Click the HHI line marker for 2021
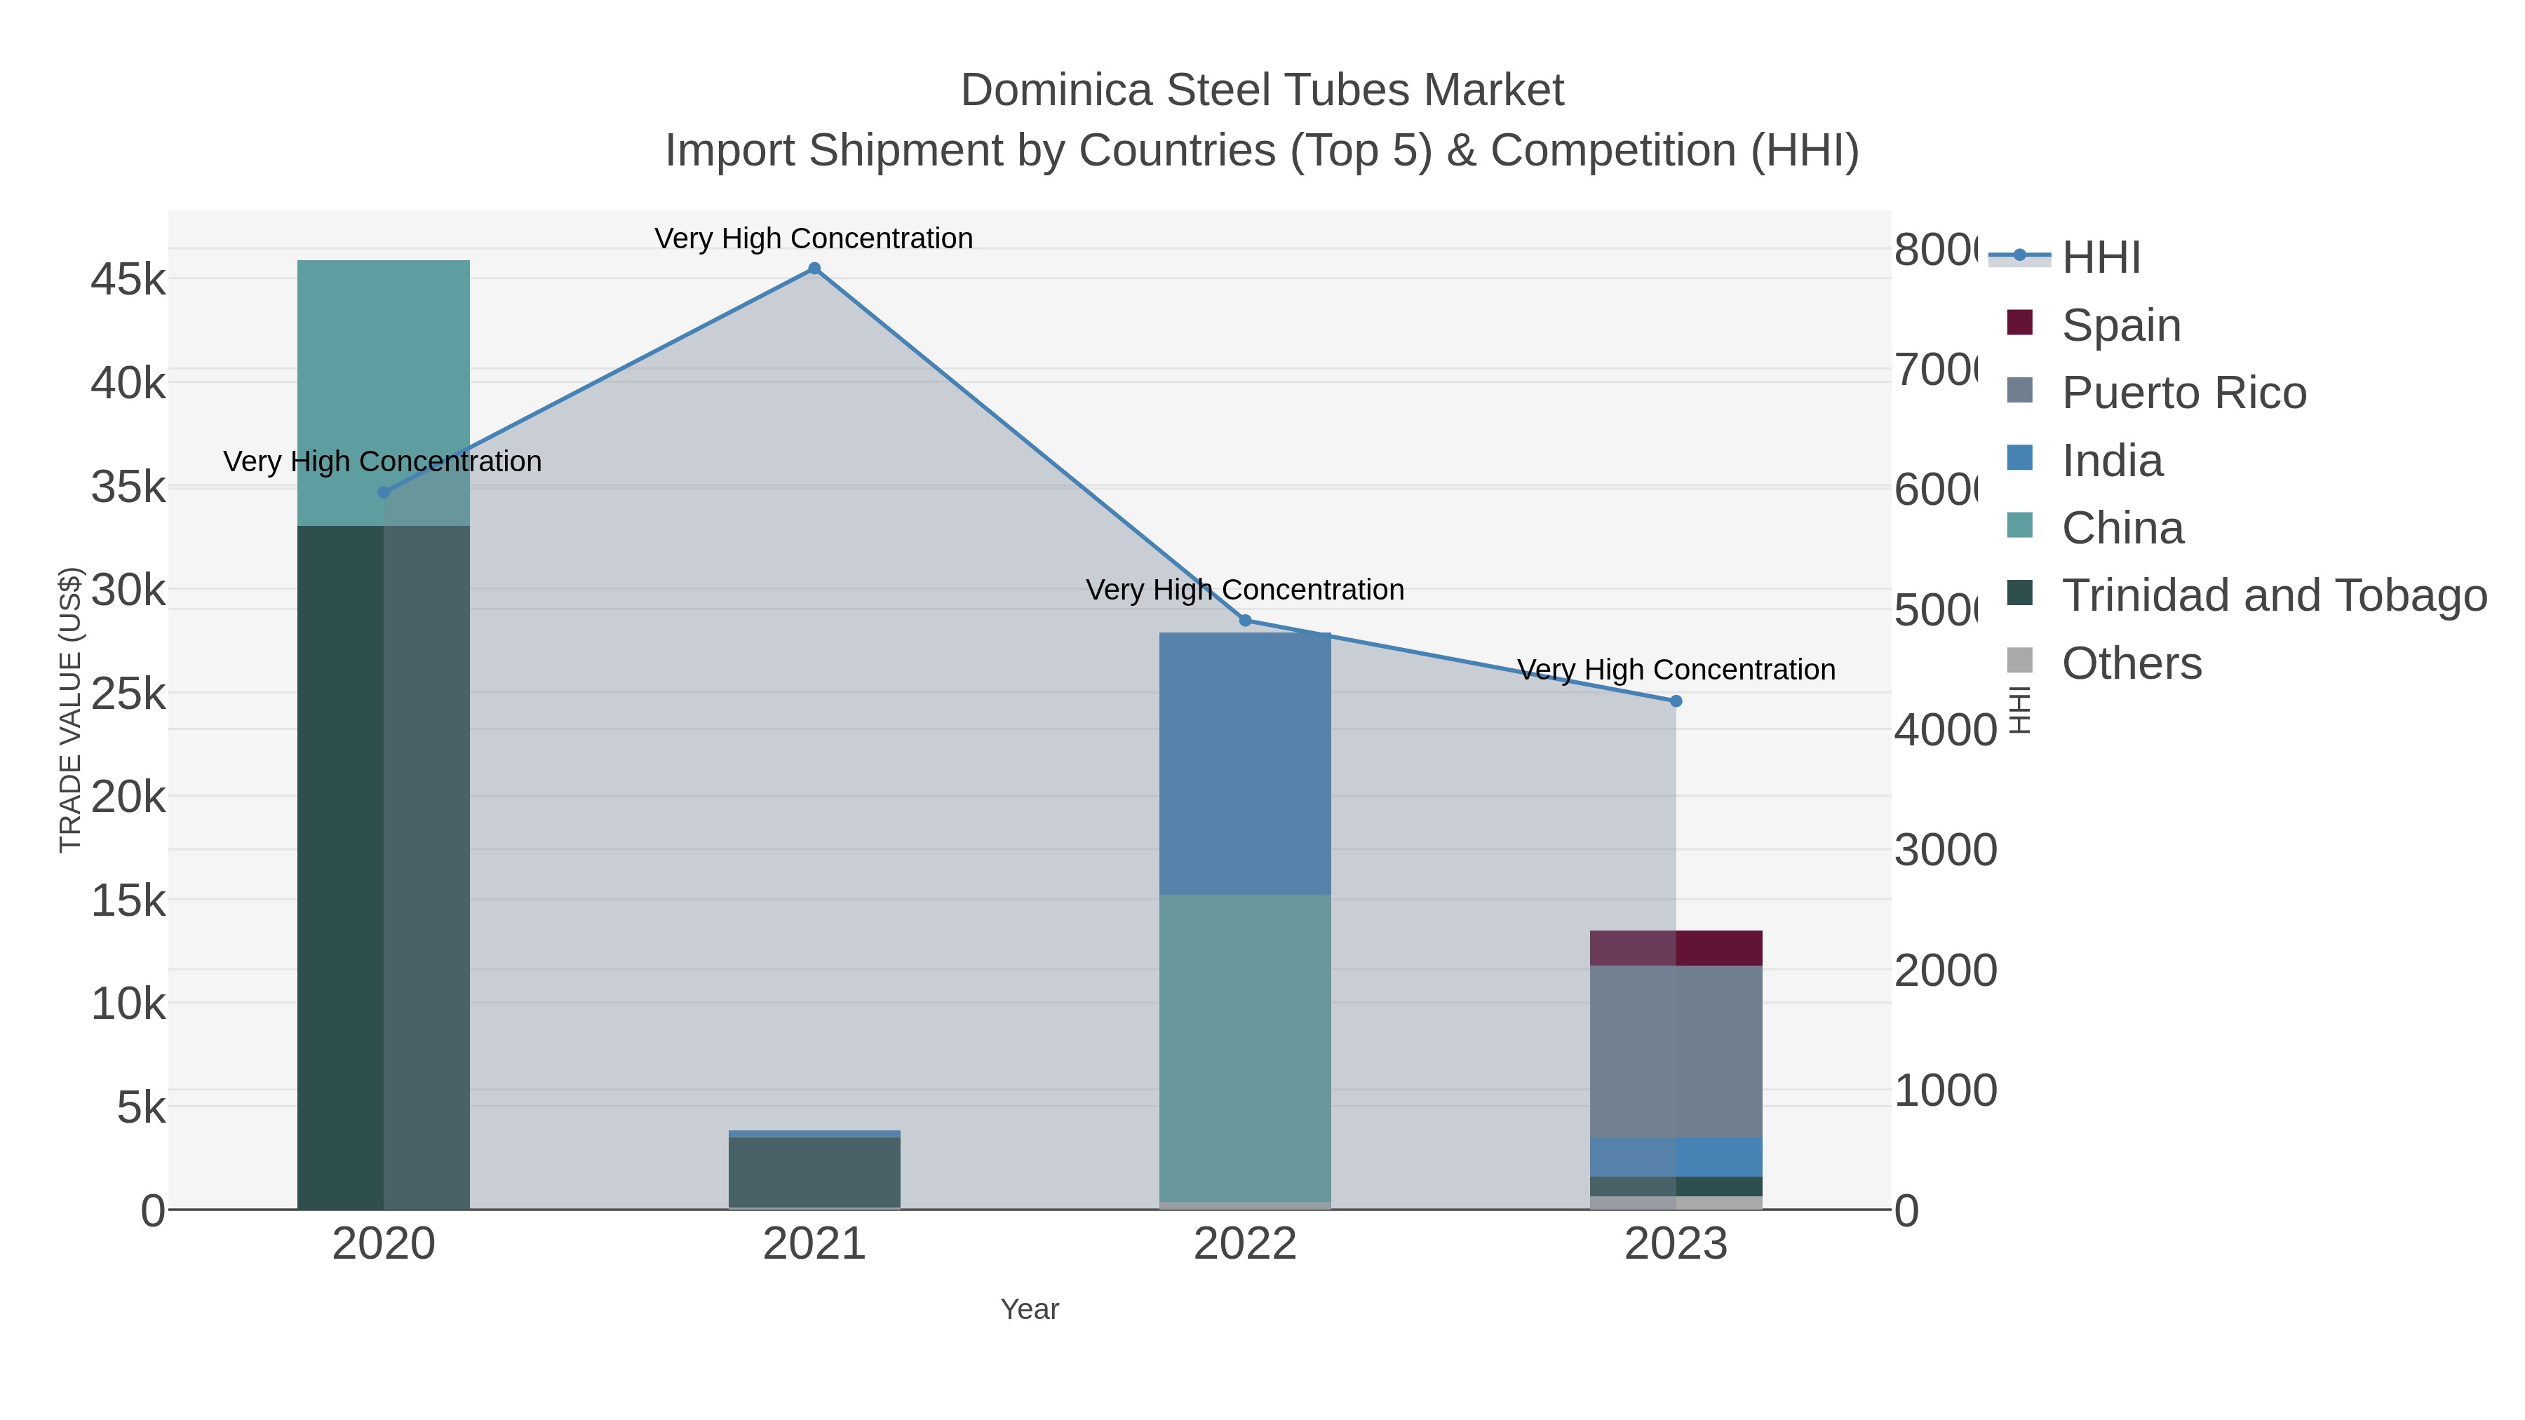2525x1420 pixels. pos(814,269)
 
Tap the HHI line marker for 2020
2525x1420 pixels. pos(383,492)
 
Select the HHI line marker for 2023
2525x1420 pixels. pos(1675,701)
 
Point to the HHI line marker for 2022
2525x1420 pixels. pos(1245,621)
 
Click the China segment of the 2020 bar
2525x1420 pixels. pos(383,392)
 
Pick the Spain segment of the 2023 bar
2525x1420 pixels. pos(1675,947)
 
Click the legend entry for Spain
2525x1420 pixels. pos(2120,325)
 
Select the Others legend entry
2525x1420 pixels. pos(2131,663)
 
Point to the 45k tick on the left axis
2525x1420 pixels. pos(128,279)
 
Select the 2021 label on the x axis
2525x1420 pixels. pos(814,1243)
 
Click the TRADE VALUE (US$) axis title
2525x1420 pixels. pos(71,710)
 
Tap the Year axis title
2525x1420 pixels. pos(1029,1309)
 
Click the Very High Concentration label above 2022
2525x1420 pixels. pos(1245,589)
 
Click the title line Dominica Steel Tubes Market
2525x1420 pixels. pos(1262,90)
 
